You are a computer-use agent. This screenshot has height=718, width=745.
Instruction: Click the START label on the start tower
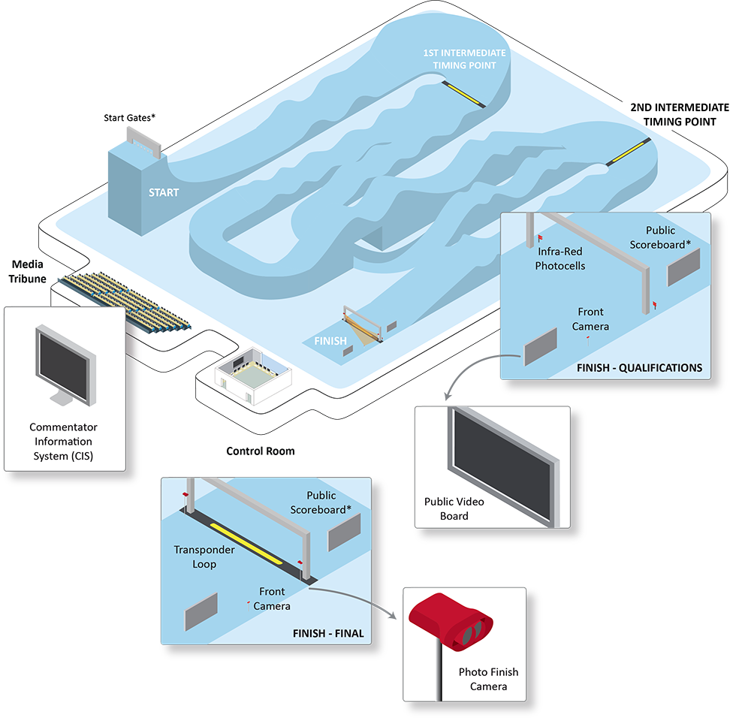pyautogui.click(x=164, y=192)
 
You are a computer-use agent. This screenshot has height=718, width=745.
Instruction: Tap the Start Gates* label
pyautogui.click(x=129, y=118)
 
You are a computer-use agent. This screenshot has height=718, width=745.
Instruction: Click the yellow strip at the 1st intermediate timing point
pyautogui.click(x=463, y=94)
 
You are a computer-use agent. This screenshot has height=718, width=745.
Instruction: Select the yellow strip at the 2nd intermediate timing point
pyautogui.click(x=628, y=152)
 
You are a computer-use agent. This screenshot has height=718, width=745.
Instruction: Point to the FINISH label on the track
pyautogui.click(x=330, y=341)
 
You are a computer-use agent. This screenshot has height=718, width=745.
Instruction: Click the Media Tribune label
pyautogui.click(x=28, y=271)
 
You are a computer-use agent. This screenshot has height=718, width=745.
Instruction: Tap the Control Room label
pyautogui.click(x=261, y=451)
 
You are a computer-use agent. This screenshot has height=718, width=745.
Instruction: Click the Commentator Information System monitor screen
pyautogui.click(x=63, y=367)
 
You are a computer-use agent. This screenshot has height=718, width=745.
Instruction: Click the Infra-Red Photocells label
pyautogui.click(x=560, y=258)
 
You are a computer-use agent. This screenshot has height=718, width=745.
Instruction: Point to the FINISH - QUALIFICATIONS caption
pyautogui.click(x=640, y=368)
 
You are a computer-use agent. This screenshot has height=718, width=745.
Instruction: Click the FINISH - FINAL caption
pyautogui.click(x=328, y=633)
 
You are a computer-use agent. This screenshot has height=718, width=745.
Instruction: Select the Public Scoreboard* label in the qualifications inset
pyautogui.click(x=660, y=237)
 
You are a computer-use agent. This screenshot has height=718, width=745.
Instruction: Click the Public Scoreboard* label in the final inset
pyautogui.click(x=321, y=502)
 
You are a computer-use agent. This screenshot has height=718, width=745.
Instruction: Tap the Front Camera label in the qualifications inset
pyautogui.click(x=590, y=319)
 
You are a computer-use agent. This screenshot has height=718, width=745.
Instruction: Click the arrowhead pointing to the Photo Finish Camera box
pyautogui.click(x=393, y=615)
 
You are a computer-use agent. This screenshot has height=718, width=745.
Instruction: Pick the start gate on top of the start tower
pyautogui.click(x=143, y=142)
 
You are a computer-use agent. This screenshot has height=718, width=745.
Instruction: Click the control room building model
pyautogui.click(x=253, y=376)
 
